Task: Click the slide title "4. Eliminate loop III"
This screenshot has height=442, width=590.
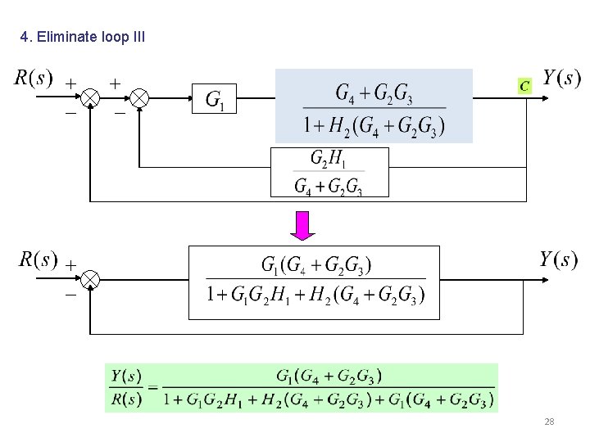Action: tap(82, 37)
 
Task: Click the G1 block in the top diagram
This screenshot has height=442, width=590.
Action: tap(216, 101)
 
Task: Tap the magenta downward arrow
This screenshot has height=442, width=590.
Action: tap(303, 226)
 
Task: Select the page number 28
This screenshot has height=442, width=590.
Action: tap(549, 422)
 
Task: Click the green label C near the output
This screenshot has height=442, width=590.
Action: tap(524, 84)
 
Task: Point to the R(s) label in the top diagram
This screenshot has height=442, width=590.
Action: tap(34, 79)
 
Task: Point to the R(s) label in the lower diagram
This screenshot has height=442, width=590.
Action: tap(38, 260)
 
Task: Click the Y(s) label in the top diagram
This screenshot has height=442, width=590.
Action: tap(561, 79)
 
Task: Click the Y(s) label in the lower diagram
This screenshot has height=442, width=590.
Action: tap(558, 260)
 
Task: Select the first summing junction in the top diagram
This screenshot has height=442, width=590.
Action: tap(90, 99)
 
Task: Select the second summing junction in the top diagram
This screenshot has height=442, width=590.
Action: tap(140, 99)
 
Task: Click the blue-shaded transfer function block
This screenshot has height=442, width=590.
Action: tap(374, 106)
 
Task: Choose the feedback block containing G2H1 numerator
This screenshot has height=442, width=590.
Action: tap(329, 172)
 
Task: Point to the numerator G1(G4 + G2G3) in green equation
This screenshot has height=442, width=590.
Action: tap(329, 376)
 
